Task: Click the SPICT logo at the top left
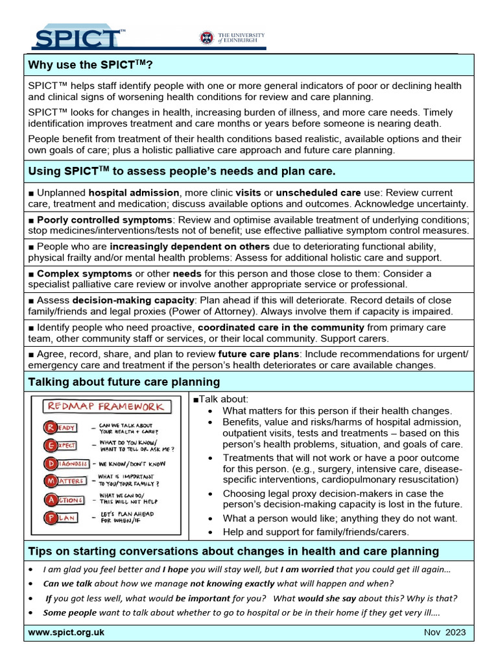coord(76,37)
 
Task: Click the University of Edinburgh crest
coord(207,37)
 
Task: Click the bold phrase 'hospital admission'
coord(134,193)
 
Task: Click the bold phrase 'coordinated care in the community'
coord(281,327)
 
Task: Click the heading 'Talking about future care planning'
coord(124,381)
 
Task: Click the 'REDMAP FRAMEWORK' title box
coord(108,407)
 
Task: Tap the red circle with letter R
coord(50,427)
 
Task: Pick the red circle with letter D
coord(50,464)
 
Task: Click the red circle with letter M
coord(50,482)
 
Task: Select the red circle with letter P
coord(50,518)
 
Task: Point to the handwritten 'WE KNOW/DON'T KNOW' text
coord(133,464)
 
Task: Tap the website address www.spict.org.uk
coord(66,632)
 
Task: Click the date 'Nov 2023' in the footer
coord(445,633)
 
